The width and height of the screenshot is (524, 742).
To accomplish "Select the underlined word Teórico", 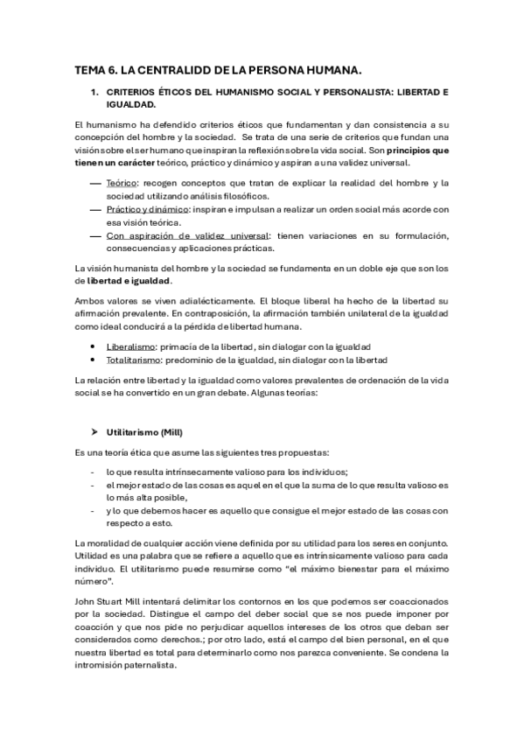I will tap(122, 182).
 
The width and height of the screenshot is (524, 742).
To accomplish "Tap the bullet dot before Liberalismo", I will tap(94, 347).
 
